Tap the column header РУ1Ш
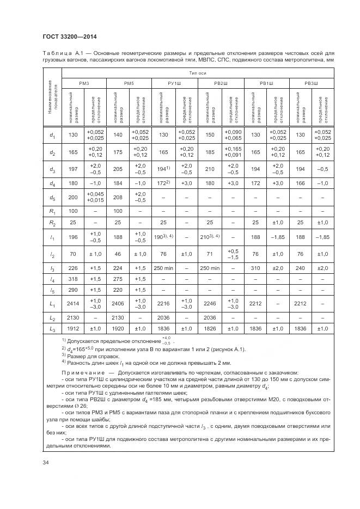click(x=175, y=82)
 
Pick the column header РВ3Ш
click(x=311, y=82)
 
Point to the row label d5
click(x=52, y=197)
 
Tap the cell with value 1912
click(x=73, y=328)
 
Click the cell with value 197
click(x=73, y=169)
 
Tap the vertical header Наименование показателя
click(x=52, y=97)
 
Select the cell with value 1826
click(x=209, y=328)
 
